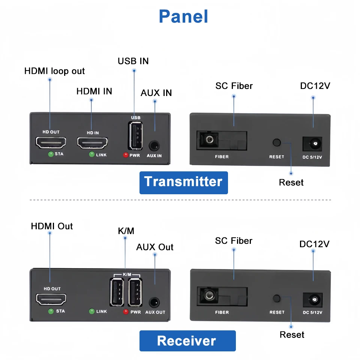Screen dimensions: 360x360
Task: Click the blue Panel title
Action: tap(183, 16)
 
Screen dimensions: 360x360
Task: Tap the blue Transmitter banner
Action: tap(184, 183)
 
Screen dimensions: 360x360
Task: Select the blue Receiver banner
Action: tap(187, 341)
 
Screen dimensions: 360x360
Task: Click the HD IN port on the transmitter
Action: tap(92, 143)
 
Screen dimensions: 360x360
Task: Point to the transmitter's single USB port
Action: tap(135, 136)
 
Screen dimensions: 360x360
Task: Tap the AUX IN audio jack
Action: tap(154, 146)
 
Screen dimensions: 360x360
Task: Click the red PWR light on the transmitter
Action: tap(126, 155)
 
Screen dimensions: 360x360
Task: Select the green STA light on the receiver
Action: tap(51, 311)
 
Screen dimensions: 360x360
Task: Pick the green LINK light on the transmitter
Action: tap(91, 154)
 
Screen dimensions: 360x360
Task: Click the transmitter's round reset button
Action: tap(277, 142)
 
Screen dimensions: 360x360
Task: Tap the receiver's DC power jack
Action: tap(312, 300)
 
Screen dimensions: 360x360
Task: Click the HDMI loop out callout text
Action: tap(54, 71)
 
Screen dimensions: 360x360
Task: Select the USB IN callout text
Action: tap(133, 61)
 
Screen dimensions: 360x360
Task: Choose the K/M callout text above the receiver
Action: tap(126, 231)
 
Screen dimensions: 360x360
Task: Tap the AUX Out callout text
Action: tap(155, 247)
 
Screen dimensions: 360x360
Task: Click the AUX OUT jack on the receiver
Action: tap(154, 302)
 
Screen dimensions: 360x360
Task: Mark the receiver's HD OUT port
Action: tap(51, 299)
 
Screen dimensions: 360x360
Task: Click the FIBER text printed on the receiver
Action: tap(222, 312)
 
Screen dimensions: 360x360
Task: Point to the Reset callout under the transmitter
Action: tap(291, 183)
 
